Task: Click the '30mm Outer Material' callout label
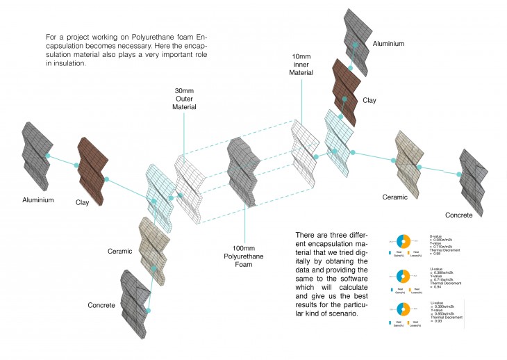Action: point(185,99)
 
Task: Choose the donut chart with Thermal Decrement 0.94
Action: point(405,275)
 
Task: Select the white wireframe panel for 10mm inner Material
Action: point(304,147)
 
